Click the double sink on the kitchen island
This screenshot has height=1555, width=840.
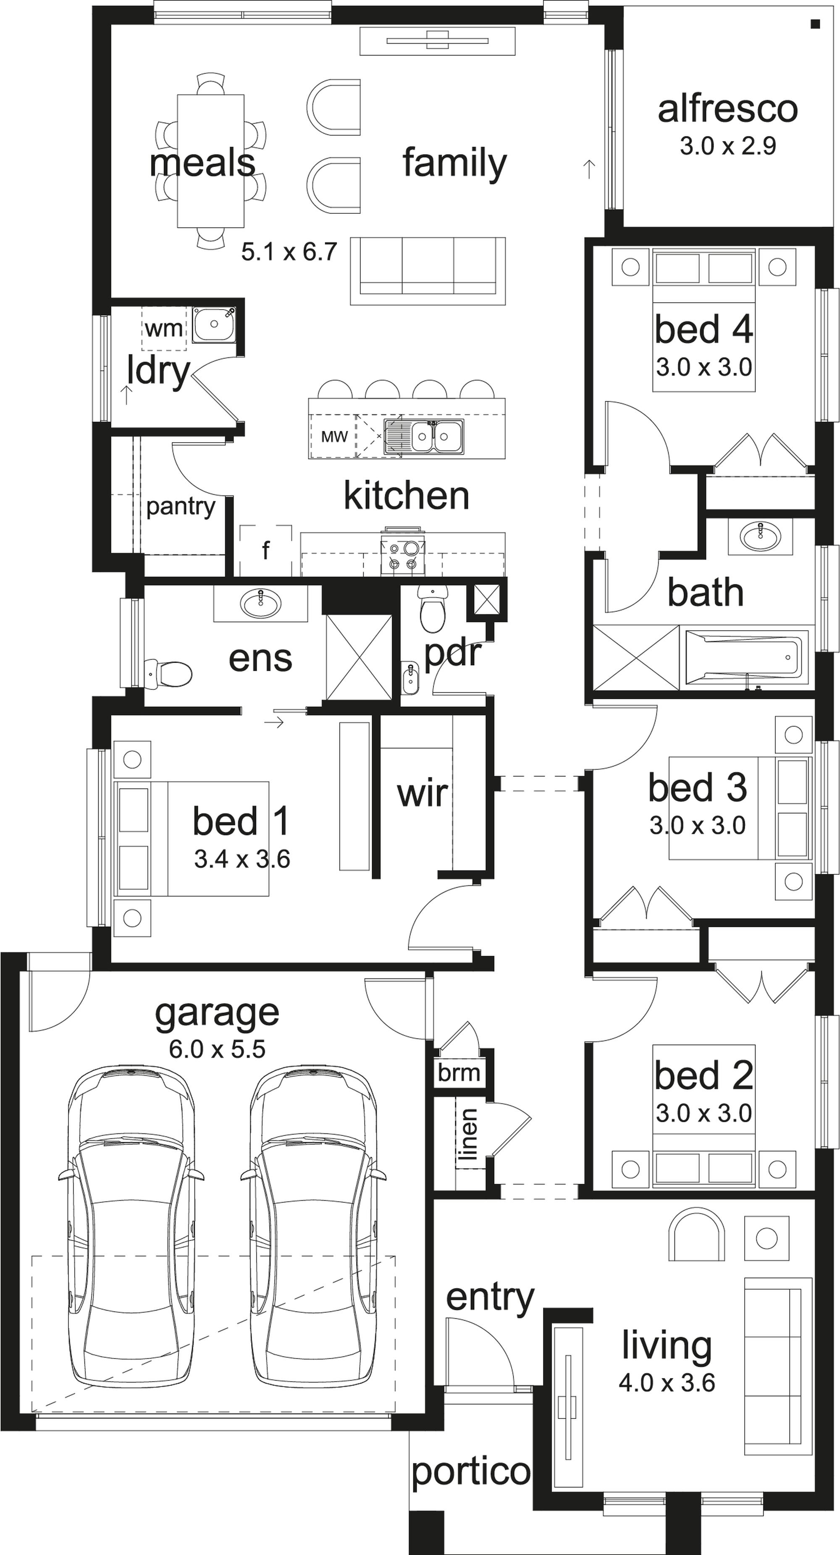(x=425, y=436)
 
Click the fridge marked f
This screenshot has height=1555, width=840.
(x=266, y=551)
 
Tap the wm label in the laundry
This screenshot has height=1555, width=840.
(x=164, y=328)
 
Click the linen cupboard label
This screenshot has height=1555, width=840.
(x=467, y=1134)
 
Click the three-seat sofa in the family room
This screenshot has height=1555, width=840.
(x=428, y=271)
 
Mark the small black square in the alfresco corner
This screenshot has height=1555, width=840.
(x=815, y=24)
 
